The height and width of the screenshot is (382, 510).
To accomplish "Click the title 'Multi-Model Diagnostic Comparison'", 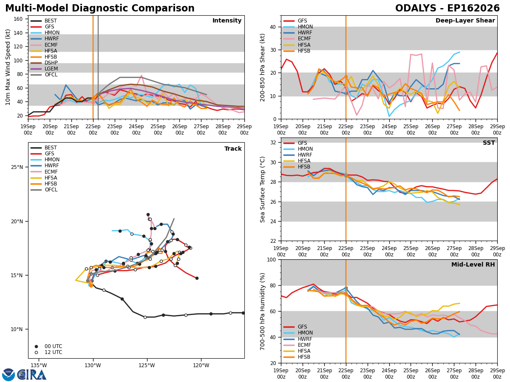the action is click(100, 8).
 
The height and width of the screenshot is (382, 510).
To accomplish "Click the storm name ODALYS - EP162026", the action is click(447, 8).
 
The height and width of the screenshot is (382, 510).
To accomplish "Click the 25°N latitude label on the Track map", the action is click(17, 167).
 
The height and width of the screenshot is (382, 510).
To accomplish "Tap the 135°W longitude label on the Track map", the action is click(40, 366).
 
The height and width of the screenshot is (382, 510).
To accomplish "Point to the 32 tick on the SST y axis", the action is click(273, 143).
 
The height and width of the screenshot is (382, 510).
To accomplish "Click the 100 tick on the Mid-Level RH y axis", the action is click(272, 260).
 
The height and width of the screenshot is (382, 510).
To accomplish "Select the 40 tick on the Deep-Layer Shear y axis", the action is click(273, 27).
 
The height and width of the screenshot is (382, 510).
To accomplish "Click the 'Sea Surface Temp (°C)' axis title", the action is click(262, 189).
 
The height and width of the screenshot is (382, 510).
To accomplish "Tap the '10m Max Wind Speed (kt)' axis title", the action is click(8, 67).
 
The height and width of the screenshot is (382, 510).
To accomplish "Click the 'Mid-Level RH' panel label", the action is click(473, 264).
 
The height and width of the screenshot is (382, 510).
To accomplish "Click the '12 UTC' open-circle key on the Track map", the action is click(36, 353).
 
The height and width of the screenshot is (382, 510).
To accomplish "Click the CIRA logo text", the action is click(32, 374).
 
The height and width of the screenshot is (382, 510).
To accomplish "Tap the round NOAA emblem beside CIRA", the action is click(8, 375).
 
